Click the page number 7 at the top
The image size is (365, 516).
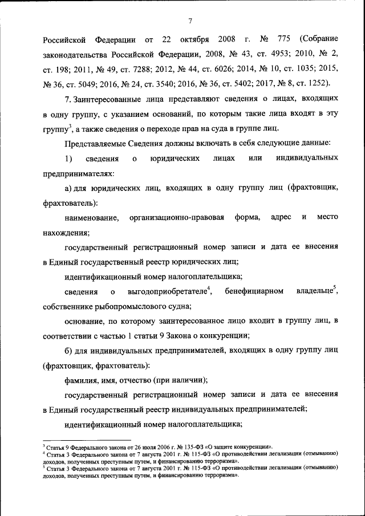click(189, 21)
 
